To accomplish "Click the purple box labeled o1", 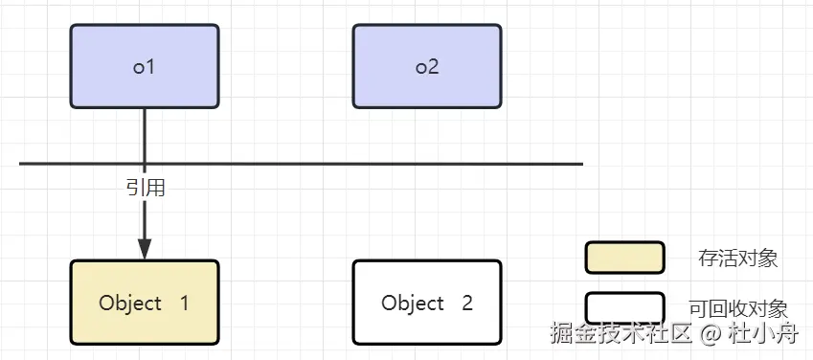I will [x=145, y=65].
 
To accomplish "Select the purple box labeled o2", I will [x=427, y=65].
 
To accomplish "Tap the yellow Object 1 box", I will [x=145, y=302].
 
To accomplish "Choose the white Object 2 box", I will [x=427, y=302].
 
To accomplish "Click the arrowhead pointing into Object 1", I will [x=145, y=248].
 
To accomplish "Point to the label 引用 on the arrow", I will [x=146, y=189].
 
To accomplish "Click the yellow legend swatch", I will [x=624, y=258].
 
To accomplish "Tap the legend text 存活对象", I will [x=737, y=258].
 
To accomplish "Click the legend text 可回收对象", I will [x=737, y=308].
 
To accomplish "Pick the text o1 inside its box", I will [x=145, y=67].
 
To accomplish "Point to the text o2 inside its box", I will [x=427, y=67].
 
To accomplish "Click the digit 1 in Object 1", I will [x=184, y=304].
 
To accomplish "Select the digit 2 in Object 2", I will [x=467, y=304].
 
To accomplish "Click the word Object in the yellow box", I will [x=130, y=304].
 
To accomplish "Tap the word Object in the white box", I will [x=413, y=304].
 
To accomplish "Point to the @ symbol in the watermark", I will [x=710, y=334].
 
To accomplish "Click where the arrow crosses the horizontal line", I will [x=145, y=164].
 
